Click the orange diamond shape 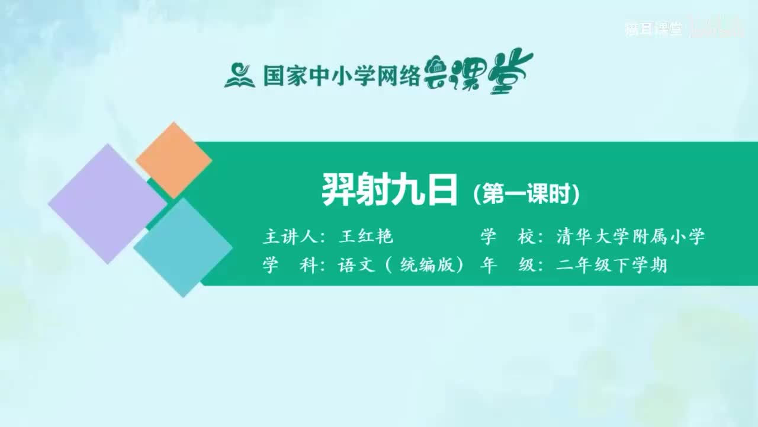click(x=174, y=160)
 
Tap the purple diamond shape click(x=107, y=203)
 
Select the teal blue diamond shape click(x=183, y=248)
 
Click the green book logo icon click(x=239, y=75)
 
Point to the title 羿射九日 click(x=390, y=190)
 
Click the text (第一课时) click(x=526, y=194)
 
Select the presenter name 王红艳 click(x=365, y=237)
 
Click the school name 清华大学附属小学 click(x=631, y=237)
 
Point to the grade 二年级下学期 click(x=612, y=265)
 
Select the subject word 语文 click(x=356, y=265)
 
